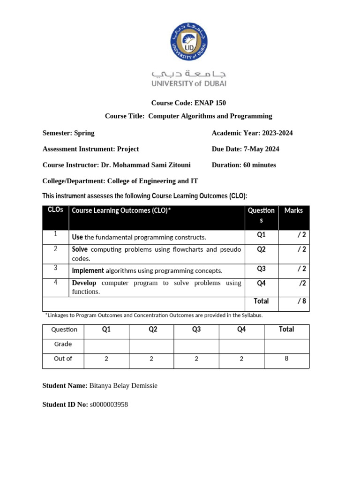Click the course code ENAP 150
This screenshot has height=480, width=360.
[212, 103]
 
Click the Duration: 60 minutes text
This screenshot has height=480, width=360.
[244, 165]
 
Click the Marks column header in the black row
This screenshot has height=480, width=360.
[293, 211]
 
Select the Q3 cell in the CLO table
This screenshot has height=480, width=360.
[261, 269]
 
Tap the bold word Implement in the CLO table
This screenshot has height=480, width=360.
[88, 270]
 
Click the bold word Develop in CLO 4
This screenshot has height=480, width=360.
[84, 283]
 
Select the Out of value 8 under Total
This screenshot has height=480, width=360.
[286, 359]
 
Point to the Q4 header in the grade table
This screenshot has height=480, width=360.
[241, 330]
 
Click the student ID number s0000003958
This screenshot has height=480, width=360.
[109, 405]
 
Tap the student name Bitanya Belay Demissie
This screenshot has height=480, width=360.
[123, 386]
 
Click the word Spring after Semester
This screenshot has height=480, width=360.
[84, 133]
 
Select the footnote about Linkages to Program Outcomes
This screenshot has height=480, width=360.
[154, 315]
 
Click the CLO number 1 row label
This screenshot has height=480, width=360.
[55, 234]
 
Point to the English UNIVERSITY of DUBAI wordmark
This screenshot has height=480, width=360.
[188, 83]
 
